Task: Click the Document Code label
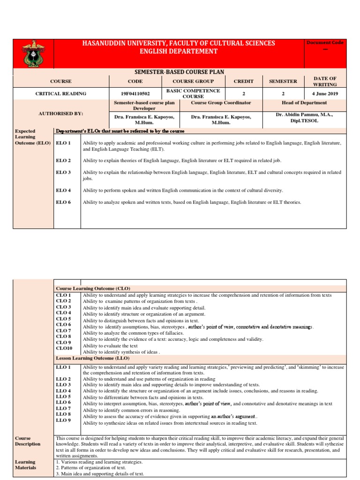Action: click(x=325, y=43)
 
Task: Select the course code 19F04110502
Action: click(x=135, y=94)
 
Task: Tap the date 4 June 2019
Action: click(x=325, y=94)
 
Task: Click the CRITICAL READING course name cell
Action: click(x=61, y=94)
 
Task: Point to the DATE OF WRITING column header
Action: click(x=325, y=81)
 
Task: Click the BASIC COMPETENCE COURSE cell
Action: click(x=193, y=93)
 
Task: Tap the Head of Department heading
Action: click(x=304, y=103)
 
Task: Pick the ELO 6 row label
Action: click(x=63, y=202)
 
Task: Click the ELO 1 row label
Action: click(x=63, y=142)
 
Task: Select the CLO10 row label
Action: click(x=64, y=348)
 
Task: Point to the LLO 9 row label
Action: click(x=63, y=420)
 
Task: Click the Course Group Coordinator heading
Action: click(x=221, y=103)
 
